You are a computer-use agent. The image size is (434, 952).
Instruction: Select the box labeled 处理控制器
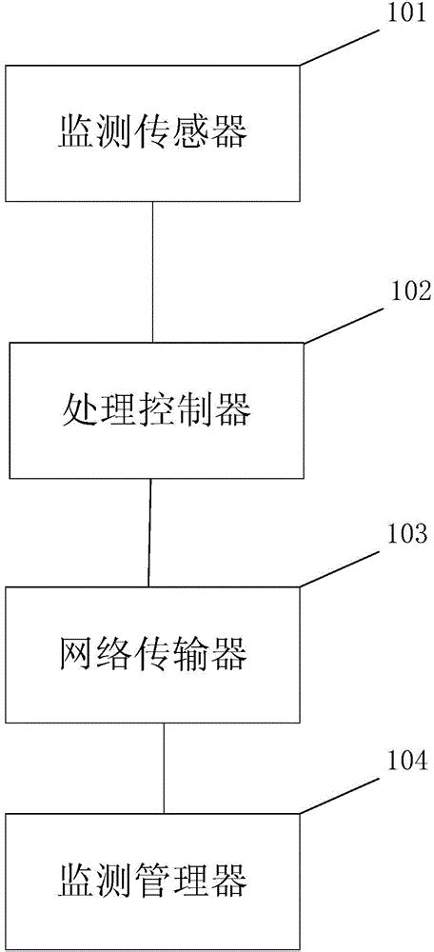[x=157, y=410]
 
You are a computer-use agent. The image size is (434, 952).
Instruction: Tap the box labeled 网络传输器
[x=152, y=654]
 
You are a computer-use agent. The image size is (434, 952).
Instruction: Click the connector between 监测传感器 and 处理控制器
[x=153, y=270]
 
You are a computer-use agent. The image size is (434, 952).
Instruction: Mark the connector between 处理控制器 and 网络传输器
[x=149, y=532]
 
